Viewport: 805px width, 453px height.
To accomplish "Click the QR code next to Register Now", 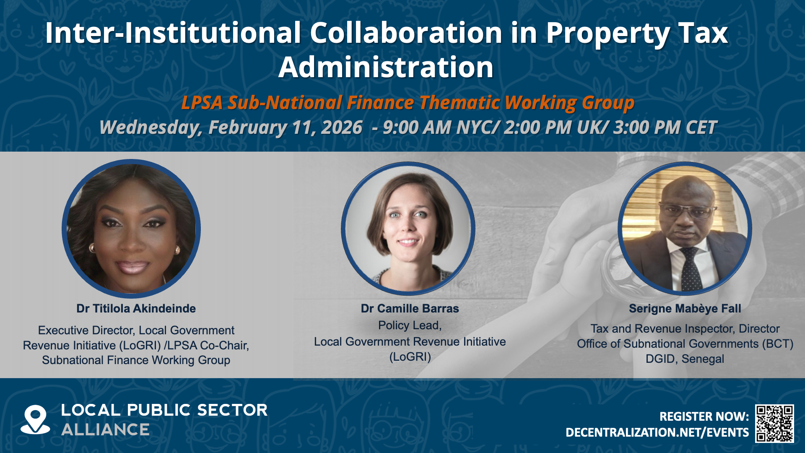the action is pyautogui.click(x=774, y=423).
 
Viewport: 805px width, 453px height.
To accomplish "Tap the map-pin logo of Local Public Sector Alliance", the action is pyautogui.click(x=35, y=419).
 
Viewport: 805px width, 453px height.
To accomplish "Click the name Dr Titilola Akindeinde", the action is pyautogui.click(x=136, y=309).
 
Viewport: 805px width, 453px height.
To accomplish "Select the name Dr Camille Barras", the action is pyautogui.click(x=410, y=309).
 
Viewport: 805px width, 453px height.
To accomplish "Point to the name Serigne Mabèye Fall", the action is pyautogui.click(x=685, y=309).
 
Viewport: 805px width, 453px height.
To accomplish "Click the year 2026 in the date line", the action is pyautogui.click(x=341, y=128).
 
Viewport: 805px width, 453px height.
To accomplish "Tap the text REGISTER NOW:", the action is pyautogui.click(x=704, y=417).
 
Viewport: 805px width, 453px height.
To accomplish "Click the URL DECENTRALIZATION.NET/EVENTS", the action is pyautogui.click(x=657, y=432).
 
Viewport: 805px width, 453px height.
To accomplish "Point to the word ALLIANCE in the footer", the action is pyautogui.click(x=105, y=430).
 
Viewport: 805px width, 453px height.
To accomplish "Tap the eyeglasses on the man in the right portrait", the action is pyautogui.click(x=683, y=209).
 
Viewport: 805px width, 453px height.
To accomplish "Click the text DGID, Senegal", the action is pyautogui.click(x=685, y=359).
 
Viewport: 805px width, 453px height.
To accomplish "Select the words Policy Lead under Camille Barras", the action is pyautogui.click(x=408, y=325).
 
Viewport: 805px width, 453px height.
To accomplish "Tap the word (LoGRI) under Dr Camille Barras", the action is pyautogui.click(x=410, y=357).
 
